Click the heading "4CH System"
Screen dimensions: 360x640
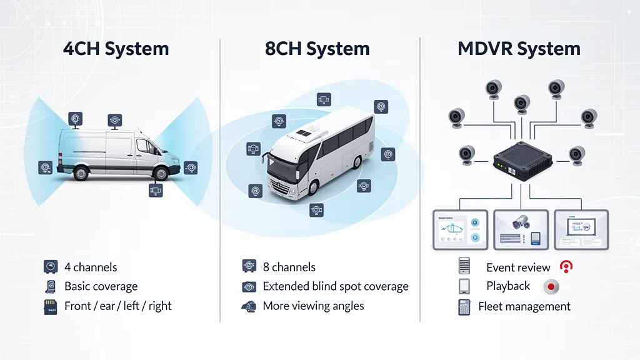coord(116,49)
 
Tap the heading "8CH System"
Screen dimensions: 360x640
coord(317,49)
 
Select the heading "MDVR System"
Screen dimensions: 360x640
coord(519,49)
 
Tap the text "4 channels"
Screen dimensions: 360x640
coord(91,267)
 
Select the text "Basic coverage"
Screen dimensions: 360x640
coord(101,286)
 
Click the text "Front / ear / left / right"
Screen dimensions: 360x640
coord(117,306)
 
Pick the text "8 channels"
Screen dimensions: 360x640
coord(289,267)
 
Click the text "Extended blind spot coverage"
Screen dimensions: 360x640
coord(335,286)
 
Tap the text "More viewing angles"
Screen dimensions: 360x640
coord(313,306)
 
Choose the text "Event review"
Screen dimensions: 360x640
coord(518,267)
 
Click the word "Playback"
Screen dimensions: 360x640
coord(508,286)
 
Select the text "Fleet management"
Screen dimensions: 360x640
coord(524,306)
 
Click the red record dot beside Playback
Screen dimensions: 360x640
coord(551,287)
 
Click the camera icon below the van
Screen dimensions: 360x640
coord(156,190)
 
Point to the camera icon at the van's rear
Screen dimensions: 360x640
coord(45,167)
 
